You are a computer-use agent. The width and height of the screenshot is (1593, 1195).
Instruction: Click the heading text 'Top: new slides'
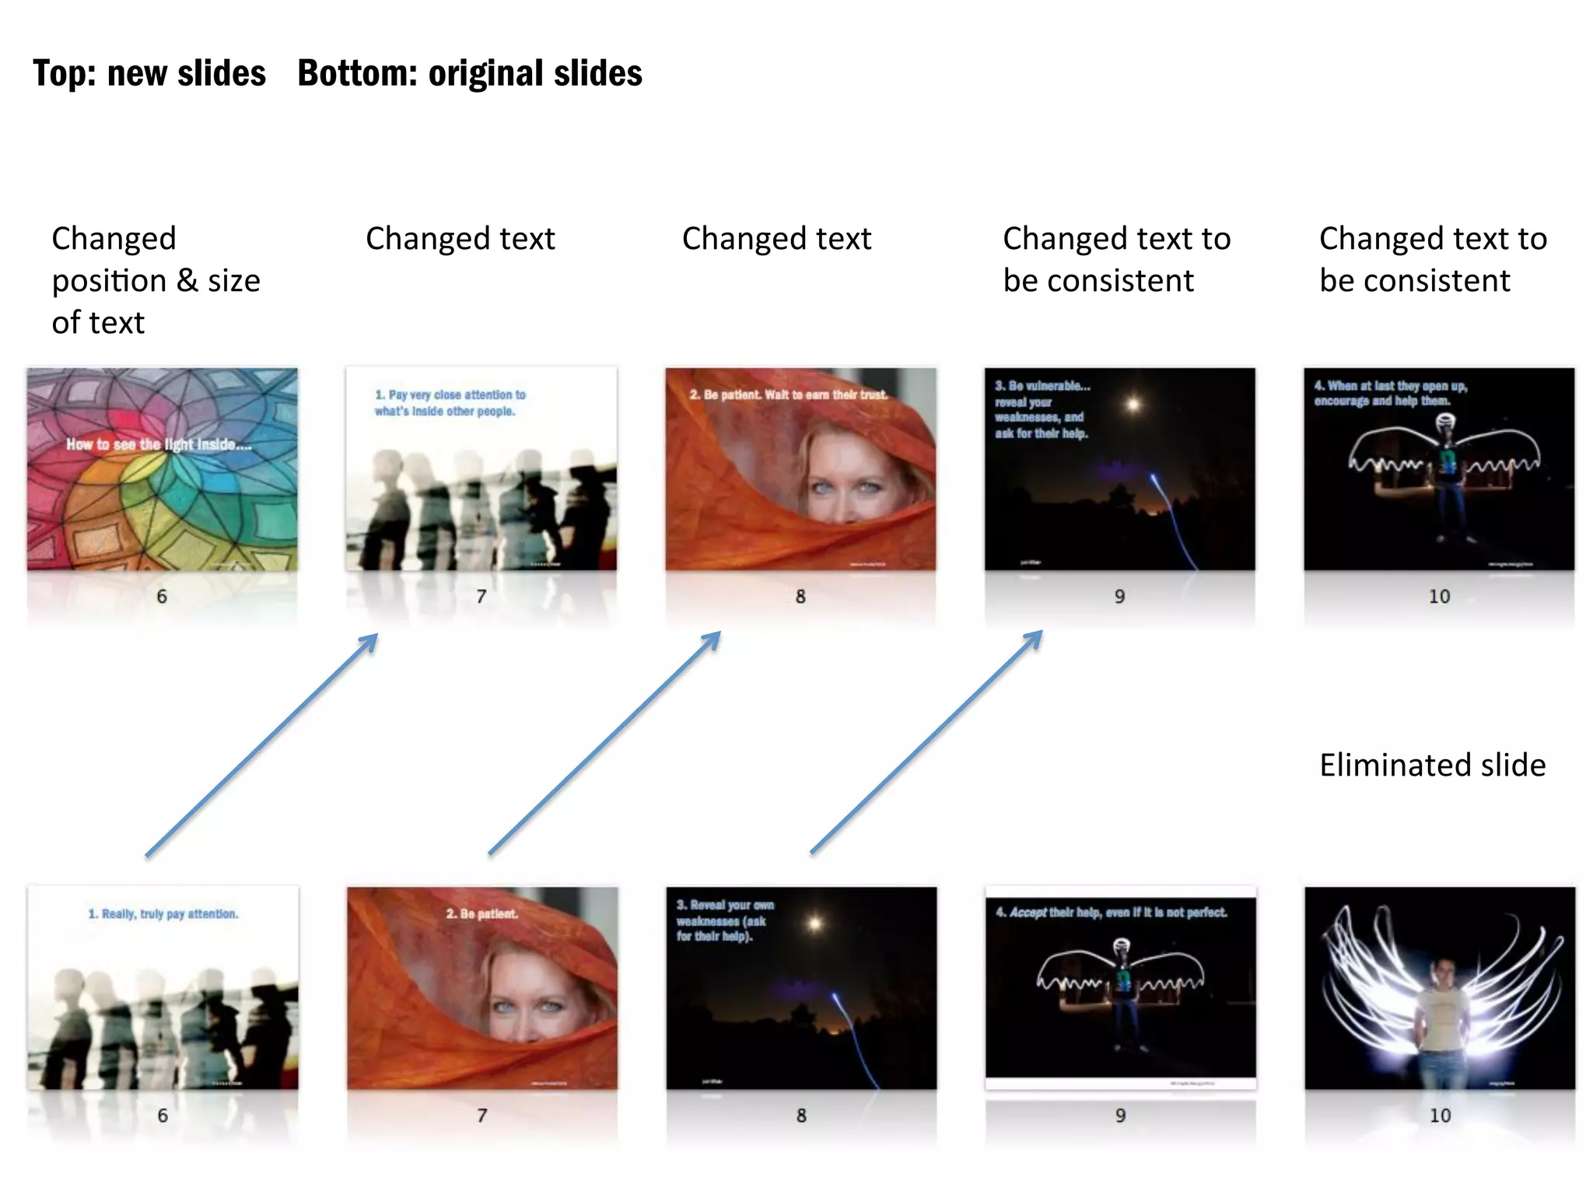click(x=149, y=74)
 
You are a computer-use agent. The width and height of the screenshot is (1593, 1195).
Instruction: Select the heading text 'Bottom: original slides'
click(x=470, y=74)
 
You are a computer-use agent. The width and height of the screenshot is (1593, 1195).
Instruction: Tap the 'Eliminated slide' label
click(x=1432, y=766)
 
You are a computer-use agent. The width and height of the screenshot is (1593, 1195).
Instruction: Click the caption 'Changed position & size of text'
click(x=156, y=280)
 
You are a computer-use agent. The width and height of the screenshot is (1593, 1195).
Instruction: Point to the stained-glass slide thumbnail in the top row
click(x=162, y=469)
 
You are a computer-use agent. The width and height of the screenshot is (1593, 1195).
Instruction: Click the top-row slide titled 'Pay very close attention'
click(x=481, y=469)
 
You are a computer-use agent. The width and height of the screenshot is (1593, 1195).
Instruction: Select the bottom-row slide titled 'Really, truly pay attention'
click(x=163, y=987)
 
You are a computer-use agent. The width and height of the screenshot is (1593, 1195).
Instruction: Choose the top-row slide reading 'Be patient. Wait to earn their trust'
click(x=800, y=469)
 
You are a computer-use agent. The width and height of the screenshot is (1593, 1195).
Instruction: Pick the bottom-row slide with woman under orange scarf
click(x=482, y=988)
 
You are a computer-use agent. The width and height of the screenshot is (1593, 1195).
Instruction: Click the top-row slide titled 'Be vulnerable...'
click(x=1119, y=469)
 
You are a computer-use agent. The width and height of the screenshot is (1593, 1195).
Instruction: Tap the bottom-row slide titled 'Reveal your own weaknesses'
click(x=801, y=988)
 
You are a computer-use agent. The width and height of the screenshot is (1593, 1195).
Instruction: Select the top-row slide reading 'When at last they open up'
click(x=1439, y=469)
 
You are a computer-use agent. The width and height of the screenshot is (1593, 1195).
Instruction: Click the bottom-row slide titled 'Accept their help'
click(x=1120, y=988)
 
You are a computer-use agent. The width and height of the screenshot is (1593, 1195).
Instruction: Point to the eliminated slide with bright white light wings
click(x=1440, y=988)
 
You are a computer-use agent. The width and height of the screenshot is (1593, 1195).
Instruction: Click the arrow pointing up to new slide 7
click(x=261, y=745)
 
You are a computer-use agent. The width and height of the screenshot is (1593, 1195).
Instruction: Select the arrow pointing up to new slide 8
click(x=604, y=743)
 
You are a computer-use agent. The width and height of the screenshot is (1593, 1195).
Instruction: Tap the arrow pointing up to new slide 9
click(x=926, y=742)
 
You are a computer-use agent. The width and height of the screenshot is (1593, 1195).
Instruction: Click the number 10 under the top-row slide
click(x=1439, y=597)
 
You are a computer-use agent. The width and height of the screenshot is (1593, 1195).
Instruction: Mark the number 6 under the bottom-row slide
click(x=163, y=1116)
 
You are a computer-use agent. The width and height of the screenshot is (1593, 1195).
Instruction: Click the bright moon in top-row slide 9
click(x=1133, y=404)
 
